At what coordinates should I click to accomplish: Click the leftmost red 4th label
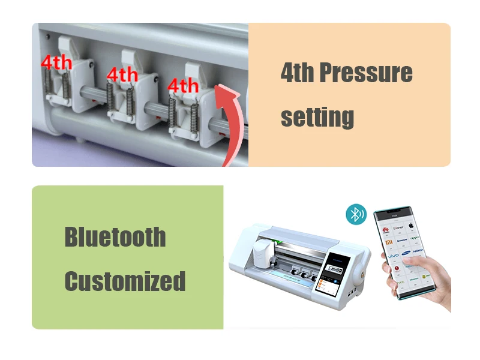click(x=56, y=62)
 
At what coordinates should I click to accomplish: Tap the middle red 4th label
click(x=122, y=74)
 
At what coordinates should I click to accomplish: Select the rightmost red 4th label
click(x=183, y=85)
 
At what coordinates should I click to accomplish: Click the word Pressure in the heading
click(x=365, y=73)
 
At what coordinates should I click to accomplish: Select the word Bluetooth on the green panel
click(x=115, y=237)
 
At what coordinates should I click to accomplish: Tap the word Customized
click(x=125, y=281)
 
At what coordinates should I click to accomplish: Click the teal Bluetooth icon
click(x=357, y=214)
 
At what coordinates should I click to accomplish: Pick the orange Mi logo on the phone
click(x=389, y=240)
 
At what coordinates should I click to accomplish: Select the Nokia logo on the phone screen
click(x=418, y=251)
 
